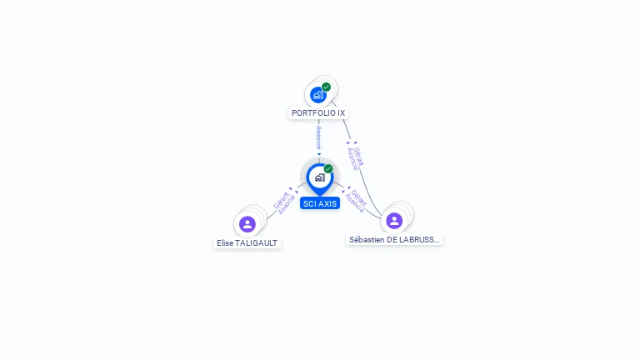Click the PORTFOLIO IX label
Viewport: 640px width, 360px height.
318,112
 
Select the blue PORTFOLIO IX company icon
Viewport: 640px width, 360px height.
318,95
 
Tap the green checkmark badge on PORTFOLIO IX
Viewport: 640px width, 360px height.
327,87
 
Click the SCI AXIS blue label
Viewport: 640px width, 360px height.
320,203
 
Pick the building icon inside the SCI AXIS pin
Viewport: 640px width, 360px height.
319,177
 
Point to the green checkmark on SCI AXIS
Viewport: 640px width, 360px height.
328,169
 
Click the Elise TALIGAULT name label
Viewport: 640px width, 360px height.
247,242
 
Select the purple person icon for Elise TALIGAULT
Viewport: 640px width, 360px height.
247,224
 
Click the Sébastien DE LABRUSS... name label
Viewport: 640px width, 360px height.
394,239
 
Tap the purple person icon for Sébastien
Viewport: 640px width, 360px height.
394,221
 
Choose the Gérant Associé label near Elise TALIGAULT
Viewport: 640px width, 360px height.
283,202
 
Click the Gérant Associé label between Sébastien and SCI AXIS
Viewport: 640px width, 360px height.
356,201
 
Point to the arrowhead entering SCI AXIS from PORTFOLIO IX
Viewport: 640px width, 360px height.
319,155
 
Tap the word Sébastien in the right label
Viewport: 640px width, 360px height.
367,239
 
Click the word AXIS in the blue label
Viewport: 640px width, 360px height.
327,203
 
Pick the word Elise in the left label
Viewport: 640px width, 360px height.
225,242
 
